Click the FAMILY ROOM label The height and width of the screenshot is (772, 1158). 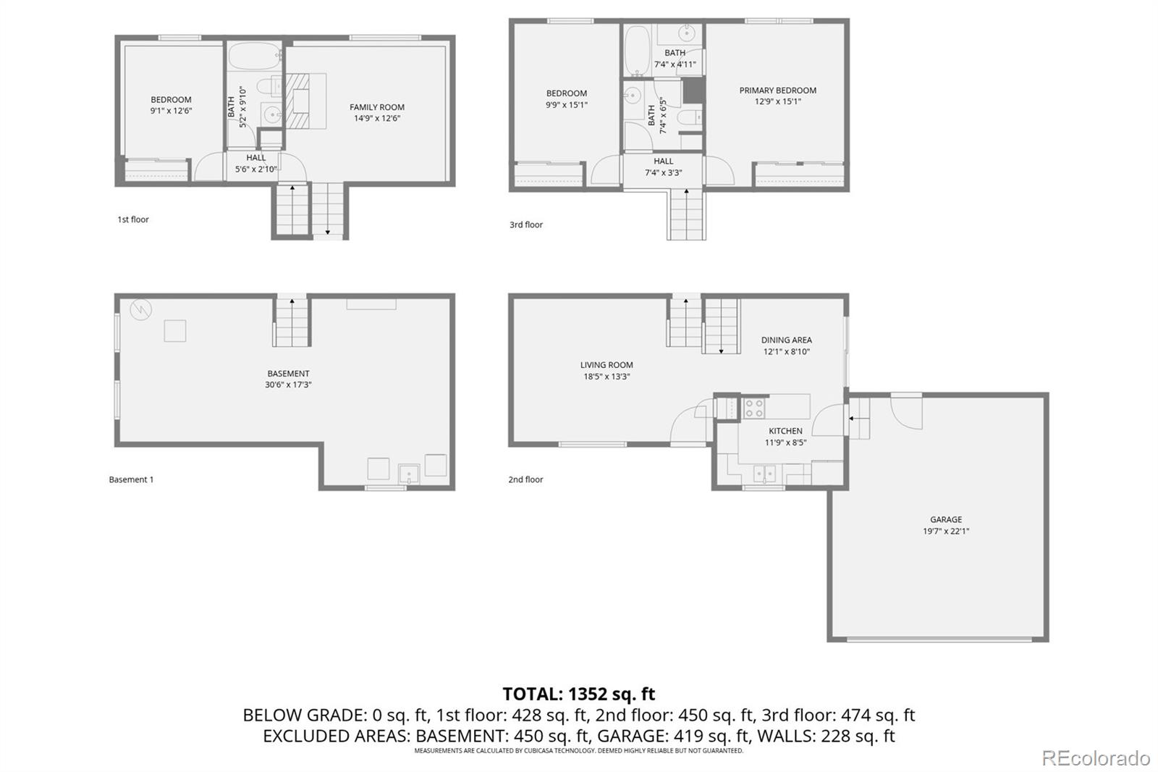[376, 107]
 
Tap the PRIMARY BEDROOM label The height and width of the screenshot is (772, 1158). [777, 91]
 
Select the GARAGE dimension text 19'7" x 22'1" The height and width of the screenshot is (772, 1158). [945, 531]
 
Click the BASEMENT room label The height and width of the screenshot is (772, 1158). [288, 374]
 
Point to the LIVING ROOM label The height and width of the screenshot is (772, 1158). [606, 365]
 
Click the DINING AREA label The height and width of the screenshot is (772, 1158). [786, 340]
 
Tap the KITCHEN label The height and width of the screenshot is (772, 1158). [785, 431]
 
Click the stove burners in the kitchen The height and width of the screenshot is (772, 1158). [753, 408]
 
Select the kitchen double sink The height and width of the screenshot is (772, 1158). [764, 474]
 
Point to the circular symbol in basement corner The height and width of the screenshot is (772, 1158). [140, 310]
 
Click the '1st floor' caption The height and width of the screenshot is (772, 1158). [133, 219]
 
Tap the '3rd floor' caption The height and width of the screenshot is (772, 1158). [525, 225]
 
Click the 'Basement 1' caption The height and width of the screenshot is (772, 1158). [131, 479]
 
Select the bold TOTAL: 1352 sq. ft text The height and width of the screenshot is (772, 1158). [578, 694]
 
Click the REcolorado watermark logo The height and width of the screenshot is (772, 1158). [1095, 758]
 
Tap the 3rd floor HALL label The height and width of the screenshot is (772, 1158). [663, 161]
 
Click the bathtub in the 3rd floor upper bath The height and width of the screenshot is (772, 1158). [637, 51]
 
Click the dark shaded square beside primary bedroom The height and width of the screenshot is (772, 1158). [693, 89]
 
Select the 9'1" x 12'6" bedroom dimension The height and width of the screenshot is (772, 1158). [171, 111]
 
